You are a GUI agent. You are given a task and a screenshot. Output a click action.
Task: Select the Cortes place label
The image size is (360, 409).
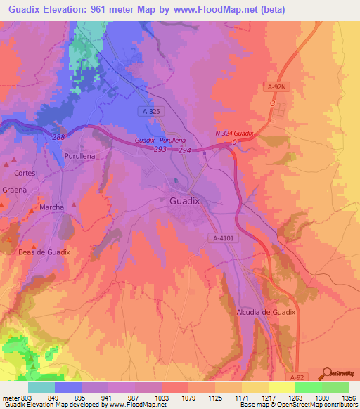pos(24,172)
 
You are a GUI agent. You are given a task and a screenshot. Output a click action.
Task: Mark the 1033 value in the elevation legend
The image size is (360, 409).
pos(161,398)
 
